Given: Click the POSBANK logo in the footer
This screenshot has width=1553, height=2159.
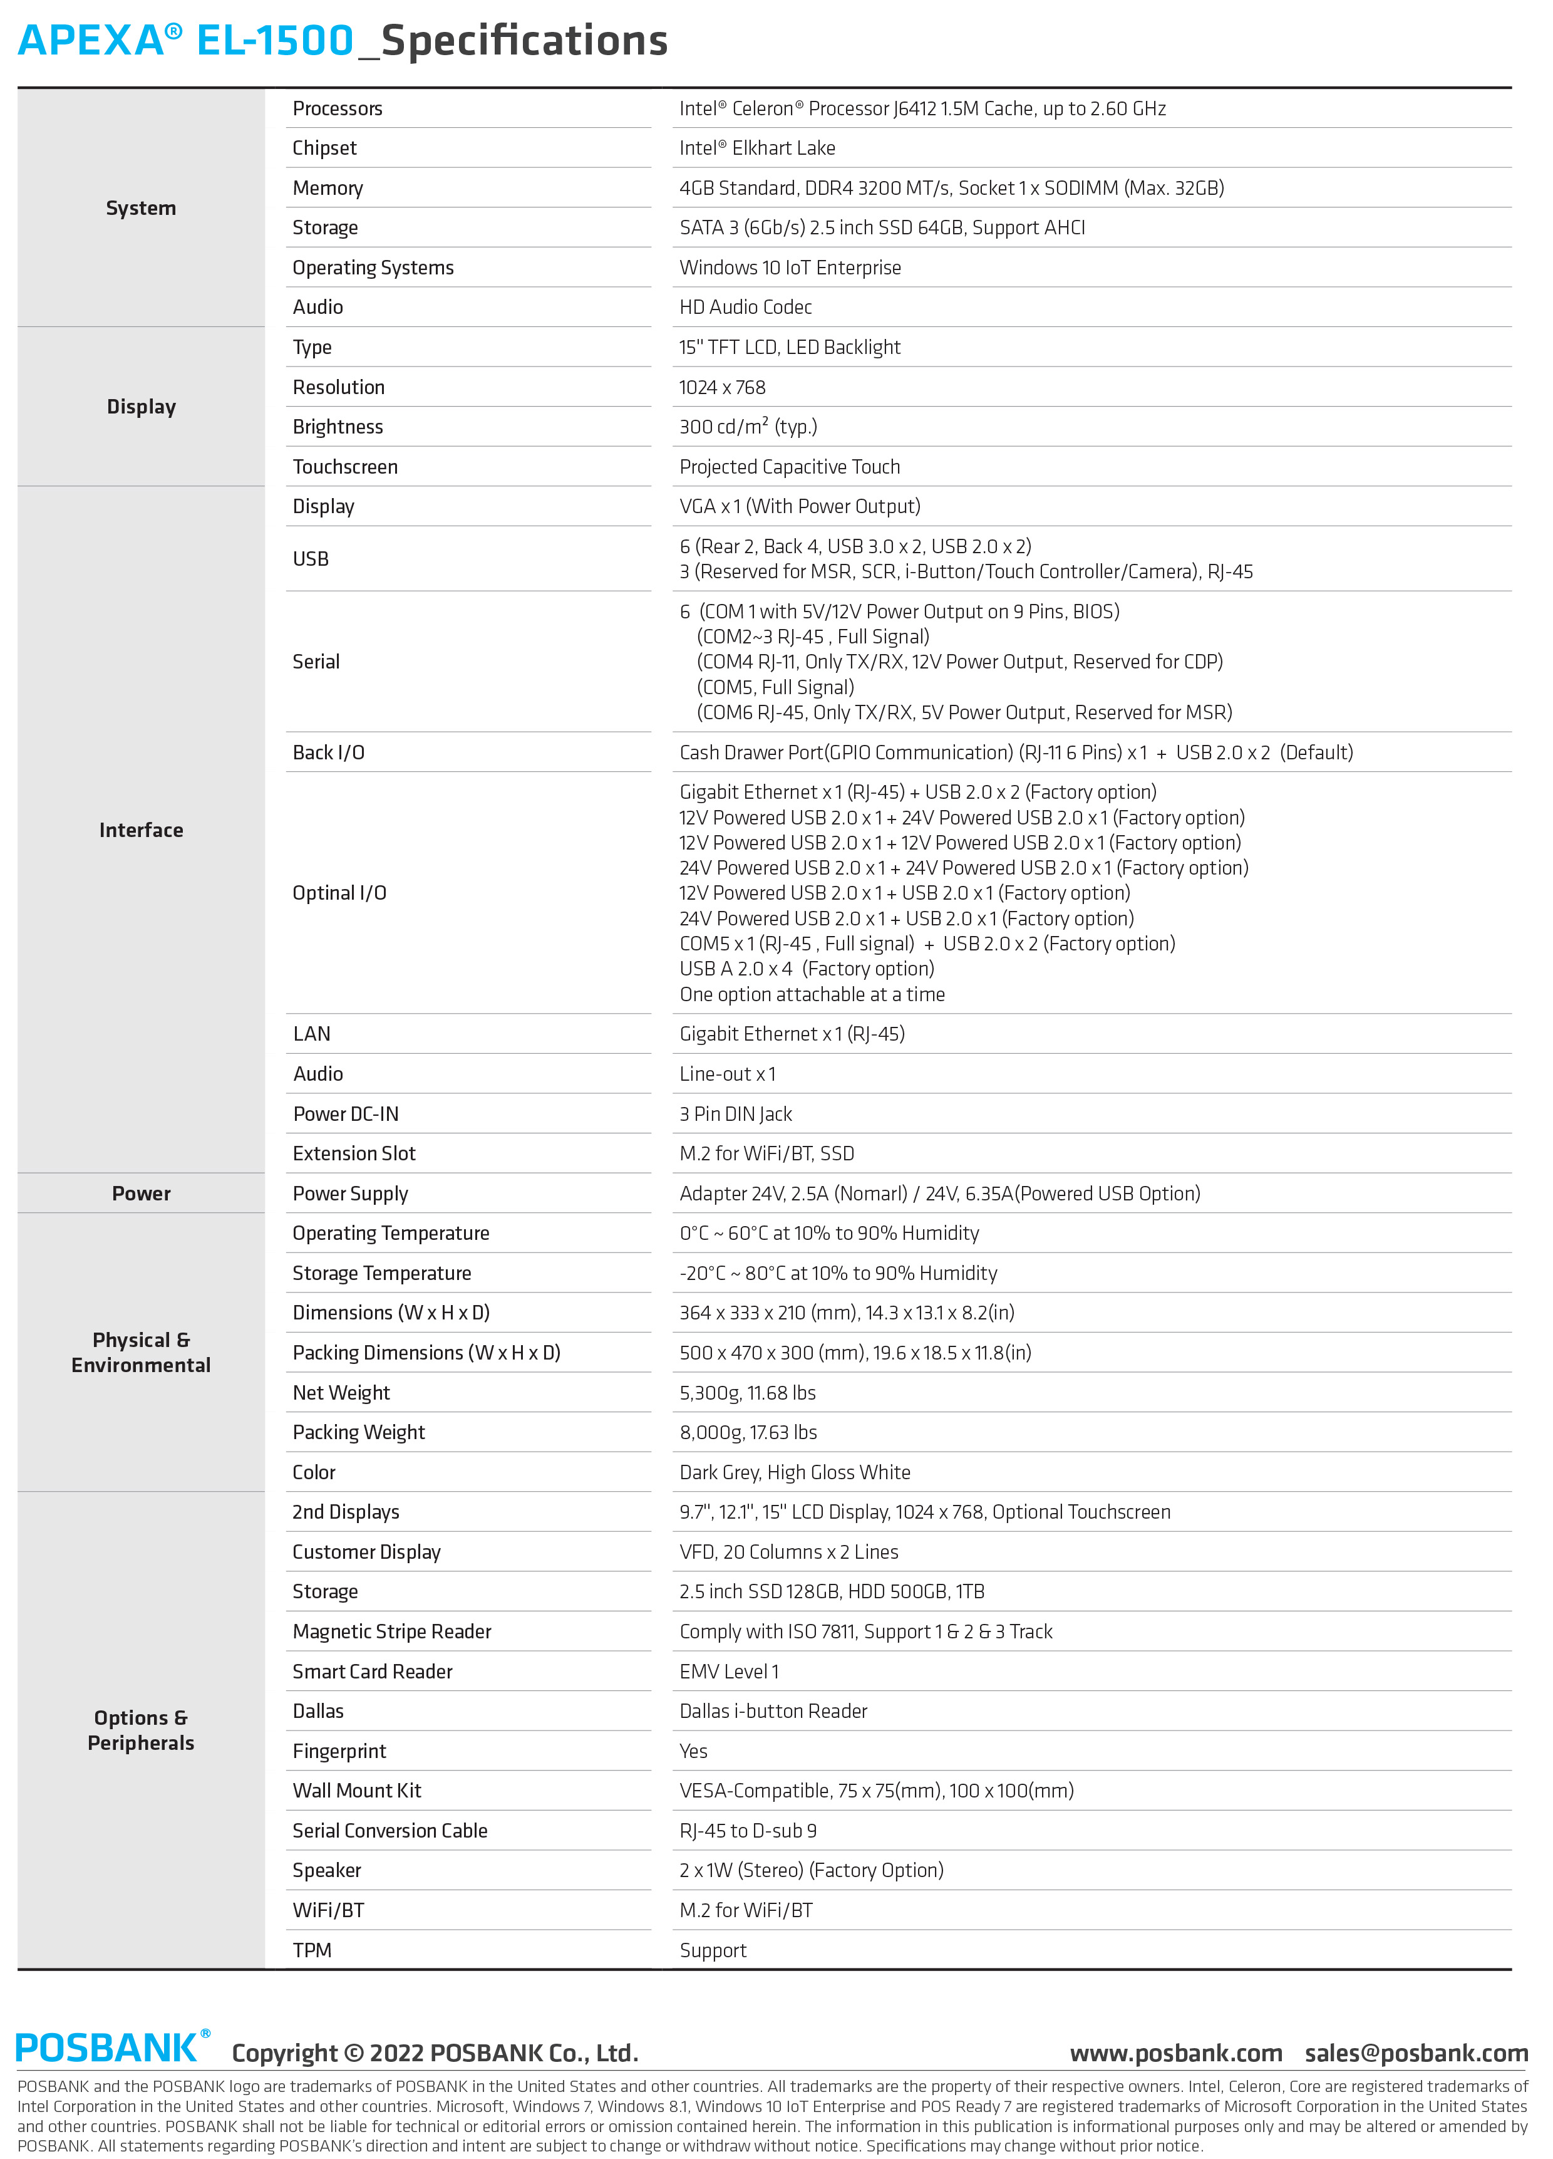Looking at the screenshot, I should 112,2047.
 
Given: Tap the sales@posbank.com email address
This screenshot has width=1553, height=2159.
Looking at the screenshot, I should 1416,2052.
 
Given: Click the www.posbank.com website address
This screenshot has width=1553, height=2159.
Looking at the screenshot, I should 1175,2052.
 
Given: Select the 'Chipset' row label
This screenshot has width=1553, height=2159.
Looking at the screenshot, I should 324,148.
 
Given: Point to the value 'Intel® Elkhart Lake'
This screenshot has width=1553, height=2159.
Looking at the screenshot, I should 756,148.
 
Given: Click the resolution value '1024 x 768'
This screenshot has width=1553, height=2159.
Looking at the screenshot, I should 722,387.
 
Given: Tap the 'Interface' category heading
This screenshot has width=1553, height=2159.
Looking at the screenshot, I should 141,830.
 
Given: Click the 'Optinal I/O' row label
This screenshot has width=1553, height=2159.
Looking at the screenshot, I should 339,893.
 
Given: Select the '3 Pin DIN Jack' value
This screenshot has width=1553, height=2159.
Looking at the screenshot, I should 736,1114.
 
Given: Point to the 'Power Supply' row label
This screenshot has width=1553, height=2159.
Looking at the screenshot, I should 350,1194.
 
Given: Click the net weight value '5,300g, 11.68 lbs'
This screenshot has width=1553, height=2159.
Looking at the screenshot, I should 748,1393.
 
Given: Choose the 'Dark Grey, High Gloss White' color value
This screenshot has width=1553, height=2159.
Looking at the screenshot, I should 795,1473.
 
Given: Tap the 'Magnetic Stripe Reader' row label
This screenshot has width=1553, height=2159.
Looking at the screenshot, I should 392,1631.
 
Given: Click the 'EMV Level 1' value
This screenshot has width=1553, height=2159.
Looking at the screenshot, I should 729,1672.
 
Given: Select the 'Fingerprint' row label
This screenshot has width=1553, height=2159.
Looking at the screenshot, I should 339,1752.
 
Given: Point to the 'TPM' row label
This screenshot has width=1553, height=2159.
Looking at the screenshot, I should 312,1950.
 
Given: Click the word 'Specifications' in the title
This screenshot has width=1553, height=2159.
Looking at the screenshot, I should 524,41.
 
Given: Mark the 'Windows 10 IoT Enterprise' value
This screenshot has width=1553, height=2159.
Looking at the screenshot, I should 790,268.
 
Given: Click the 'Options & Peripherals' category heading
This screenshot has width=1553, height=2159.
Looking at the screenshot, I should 141,1730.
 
